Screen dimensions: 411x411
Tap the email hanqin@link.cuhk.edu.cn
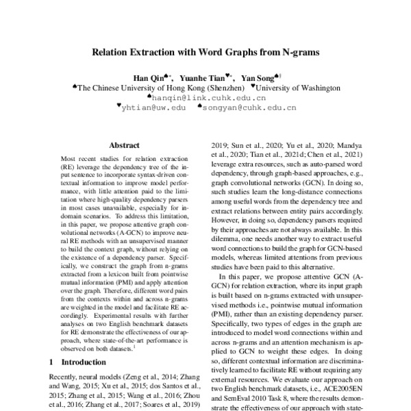click(x=206, y=98)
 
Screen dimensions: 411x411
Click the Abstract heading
click(x=124, y=145)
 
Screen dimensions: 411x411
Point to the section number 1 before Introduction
click(x=53, y=361)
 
